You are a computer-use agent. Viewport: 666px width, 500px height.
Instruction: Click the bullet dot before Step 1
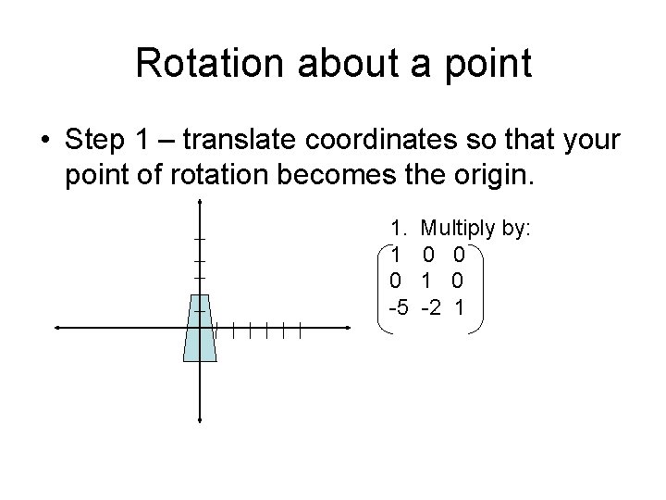[x=44, y=141]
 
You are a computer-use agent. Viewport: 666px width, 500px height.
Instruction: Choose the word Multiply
[x=458, y=229]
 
